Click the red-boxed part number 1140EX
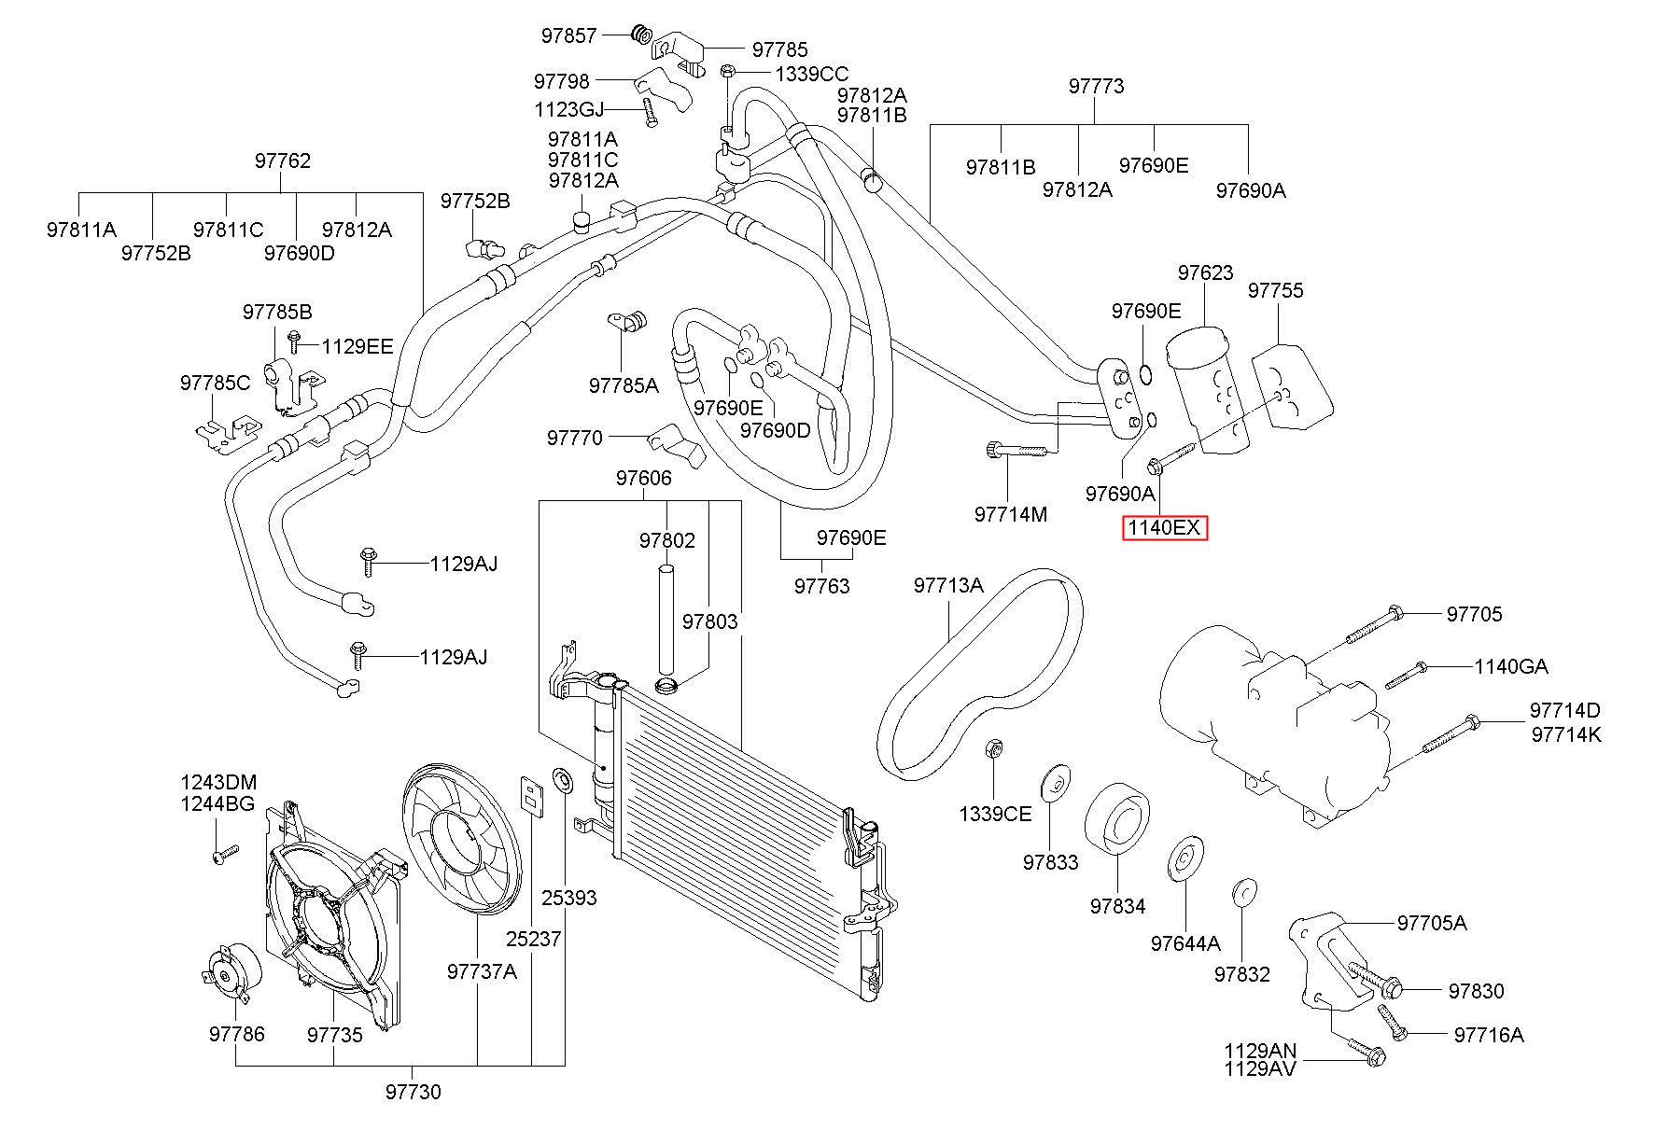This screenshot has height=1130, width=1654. [1164, 528]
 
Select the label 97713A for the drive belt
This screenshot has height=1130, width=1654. [948, 586]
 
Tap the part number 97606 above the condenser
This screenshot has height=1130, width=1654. [643, 479]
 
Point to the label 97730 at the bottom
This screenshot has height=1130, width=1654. [413, 1092]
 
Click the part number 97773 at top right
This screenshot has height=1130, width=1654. [1096, 87]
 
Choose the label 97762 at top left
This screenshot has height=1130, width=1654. [282, 161]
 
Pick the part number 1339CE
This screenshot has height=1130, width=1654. [995, 815]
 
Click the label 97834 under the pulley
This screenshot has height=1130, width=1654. [1117, 906]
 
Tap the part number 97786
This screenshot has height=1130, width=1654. [236, 1034]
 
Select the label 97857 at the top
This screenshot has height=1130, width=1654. [568, 36]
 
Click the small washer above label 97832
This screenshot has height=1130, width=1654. [1243, 891]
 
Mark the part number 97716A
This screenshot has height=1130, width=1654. [1489, 1035]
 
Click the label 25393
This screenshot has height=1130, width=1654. [568, 899]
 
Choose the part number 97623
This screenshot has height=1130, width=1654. [1205, 273]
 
